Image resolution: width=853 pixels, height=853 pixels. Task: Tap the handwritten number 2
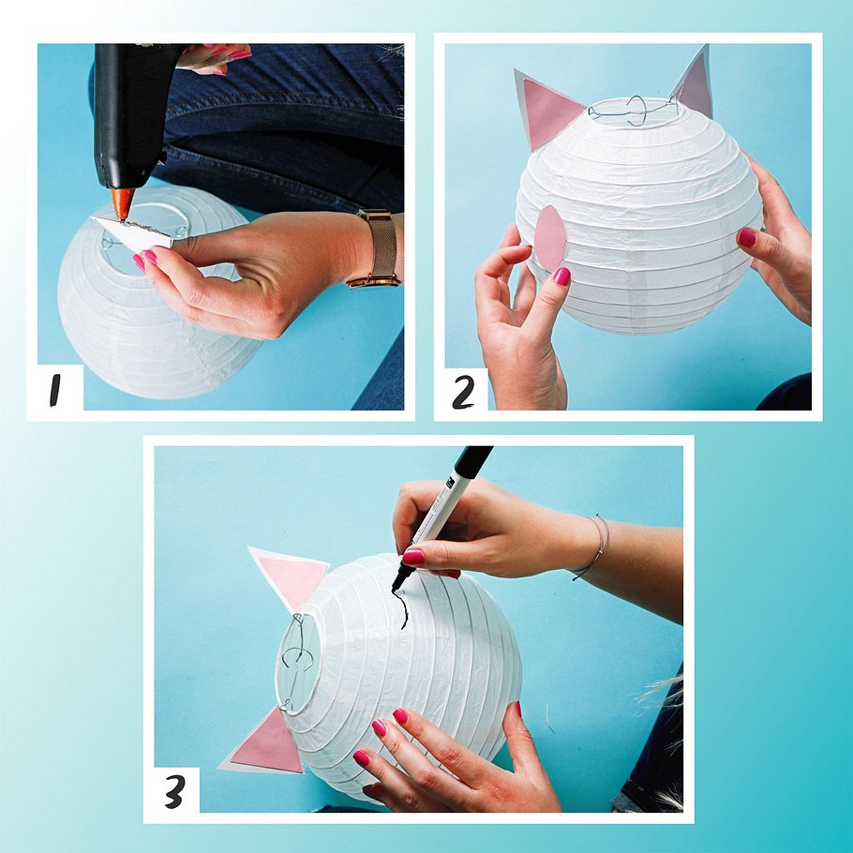point(463,393)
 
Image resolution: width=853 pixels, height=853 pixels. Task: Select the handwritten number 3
point(174,791)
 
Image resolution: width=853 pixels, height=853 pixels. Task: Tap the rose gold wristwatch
point(377,248)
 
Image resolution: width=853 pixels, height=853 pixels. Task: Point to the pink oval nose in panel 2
point(550,238)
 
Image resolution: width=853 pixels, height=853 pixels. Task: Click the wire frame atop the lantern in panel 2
point(634,112)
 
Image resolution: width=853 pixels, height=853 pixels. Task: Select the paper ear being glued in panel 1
point(132,233)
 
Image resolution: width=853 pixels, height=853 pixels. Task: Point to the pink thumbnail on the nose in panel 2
point(561,277)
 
